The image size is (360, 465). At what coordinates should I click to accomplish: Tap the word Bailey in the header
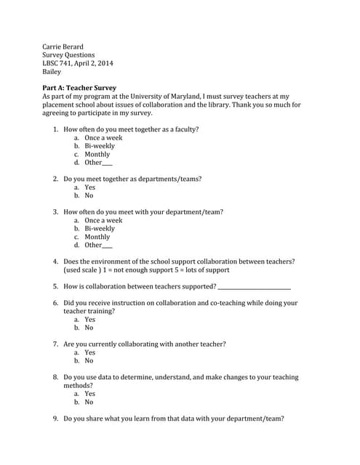click(x=52, y=72)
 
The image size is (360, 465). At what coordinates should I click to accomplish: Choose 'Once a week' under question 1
click(x=103, y=137)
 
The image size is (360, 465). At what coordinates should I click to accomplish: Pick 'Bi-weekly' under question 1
click(x=100, y=146)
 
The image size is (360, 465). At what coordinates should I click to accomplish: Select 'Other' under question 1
click(x=94, y=162)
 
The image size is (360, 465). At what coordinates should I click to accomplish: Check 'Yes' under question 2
click(x=90, y=187)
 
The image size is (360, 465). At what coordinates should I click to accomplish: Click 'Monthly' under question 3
click(x=97, y=237)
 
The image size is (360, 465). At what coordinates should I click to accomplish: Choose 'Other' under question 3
click(x=94, y=245)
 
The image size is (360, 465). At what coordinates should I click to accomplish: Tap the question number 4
click(x=56, y=262)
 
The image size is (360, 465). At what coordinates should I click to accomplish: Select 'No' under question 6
click(x=89, y=328)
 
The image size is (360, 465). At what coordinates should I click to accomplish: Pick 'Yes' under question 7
click(x=90, y=352)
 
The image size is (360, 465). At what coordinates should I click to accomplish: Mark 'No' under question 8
click(x=89, y=402)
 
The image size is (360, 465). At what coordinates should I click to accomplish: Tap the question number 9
click(x=56, y=418)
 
